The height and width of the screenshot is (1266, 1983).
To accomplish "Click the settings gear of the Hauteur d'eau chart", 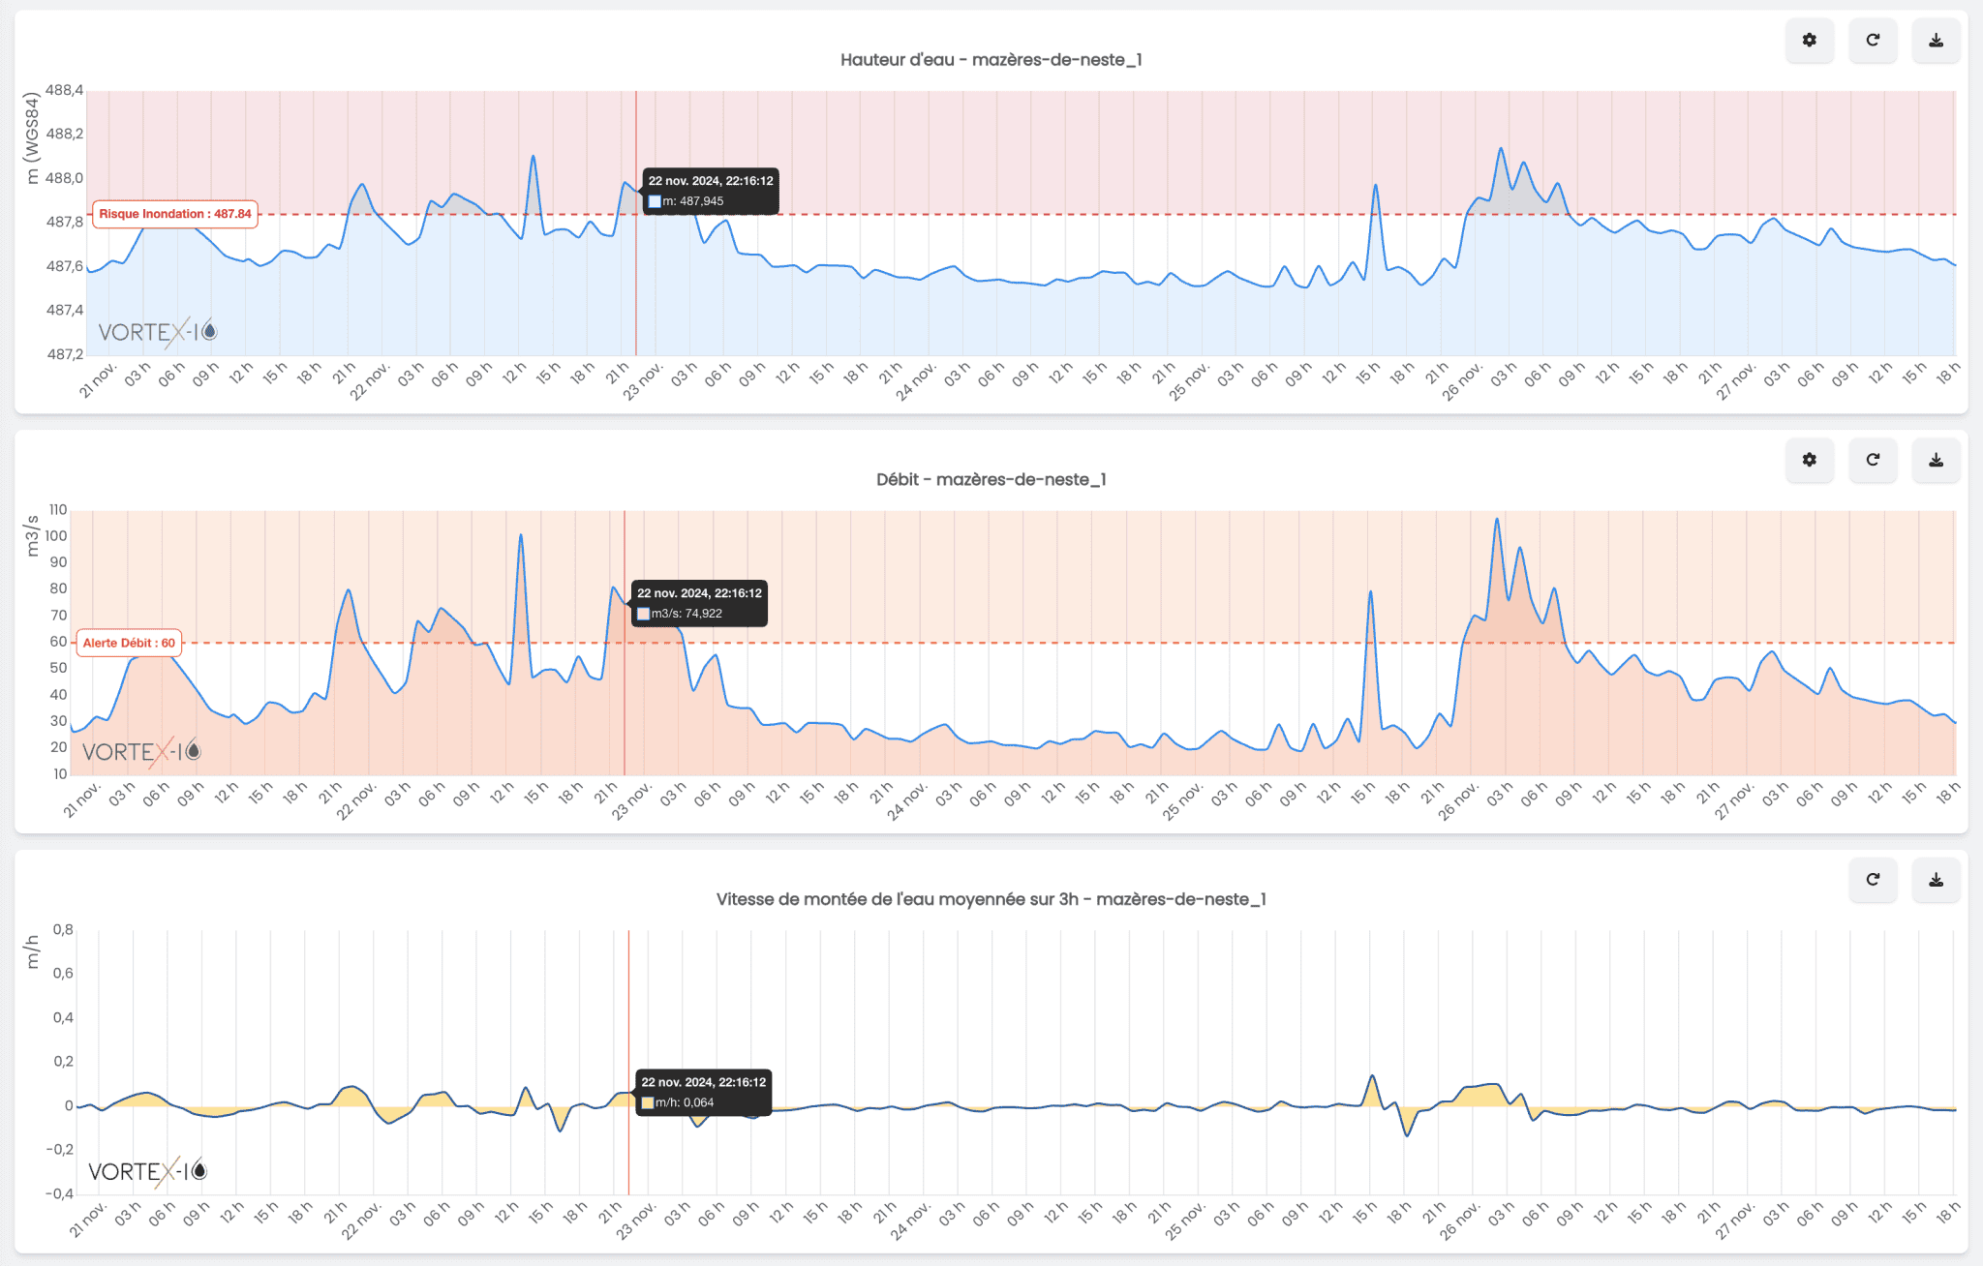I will click(1809, 41).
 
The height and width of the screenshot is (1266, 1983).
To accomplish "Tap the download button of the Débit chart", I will click(1936, 460).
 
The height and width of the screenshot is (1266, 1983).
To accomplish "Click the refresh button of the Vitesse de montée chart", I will click(1873, 880).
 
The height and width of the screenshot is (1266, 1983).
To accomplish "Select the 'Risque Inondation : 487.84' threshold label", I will click(175, 214).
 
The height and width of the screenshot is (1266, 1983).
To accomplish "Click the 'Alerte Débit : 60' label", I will click(129, 643).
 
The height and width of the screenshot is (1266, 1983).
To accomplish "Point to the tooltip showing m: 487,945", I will click(711, 191).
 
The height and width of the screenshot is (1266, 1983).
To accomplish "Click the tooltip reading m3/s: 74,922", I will click(699, 603).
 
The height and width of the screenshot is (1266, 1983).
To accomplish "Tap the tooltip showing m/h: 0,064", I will click(703, 1092).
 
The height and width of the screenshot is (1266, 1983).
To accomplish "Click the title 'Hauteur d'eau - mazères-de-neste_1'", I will click(991, 60).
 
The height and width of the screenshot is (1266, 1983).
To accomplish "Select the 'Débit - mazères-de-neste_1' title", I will click(991, 480).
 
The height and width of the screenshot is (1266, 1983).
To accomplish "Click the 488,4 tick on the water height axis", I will click(65, 91).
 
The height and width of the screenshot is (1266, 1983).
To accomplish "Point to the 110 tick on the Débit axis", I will click(58, 510).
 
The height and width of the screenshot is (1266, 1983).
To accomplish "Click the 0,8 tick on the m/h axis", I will click(63, 930).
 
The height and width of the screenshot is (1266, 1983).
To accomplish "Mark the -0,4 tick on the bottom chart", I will click(59, 1193).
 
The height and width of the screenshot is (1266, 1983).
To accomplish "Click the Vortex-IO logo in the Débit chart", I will click(141, 751).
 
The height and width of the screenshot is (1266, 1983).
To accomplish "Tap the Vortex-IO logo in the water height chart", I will click(157, 332).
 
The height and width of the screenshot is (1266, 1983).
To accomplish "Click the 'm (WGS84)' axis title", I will click(32, 137).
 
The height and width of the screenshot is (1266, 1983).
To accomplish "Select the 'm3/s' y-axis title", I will click(32, 535).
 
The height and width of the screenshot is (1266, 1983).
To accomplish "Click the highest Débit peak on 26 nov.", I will click(1497, 520).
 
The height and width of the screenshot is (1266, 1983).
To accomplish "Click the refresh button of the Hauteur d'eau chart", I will click(1873, 41).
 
